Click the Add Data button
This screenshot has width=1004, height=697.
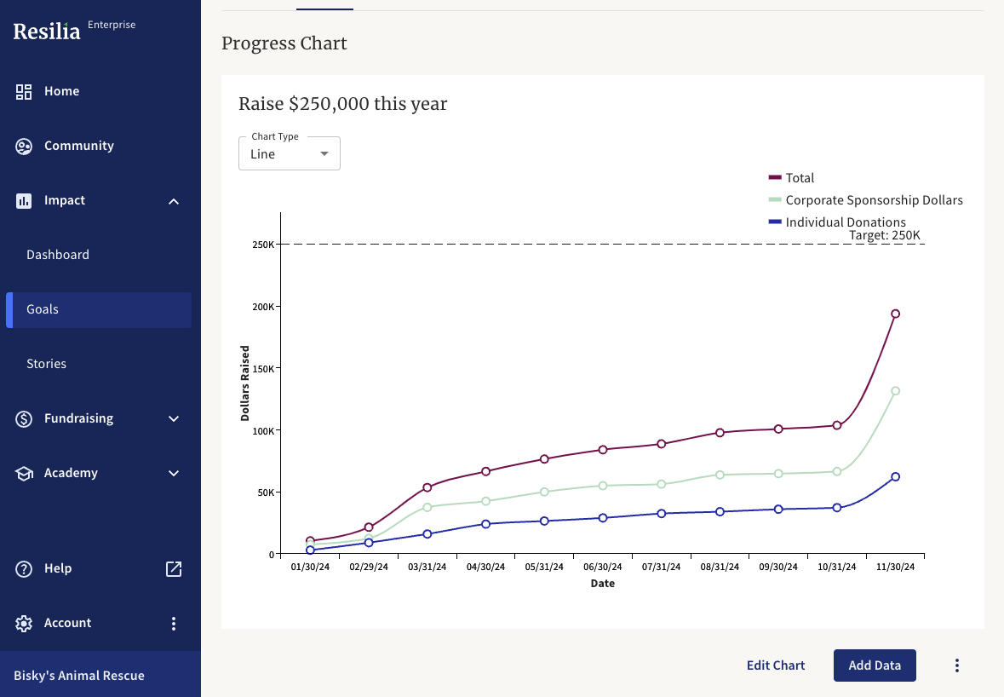pos(875,665)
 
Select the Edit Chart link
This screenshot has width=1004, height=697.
pos(775,665)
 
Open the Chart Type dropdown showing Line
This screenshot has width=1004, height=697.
pos(289,154)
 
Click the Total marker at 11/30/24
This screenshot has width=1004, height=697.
pos(895,314)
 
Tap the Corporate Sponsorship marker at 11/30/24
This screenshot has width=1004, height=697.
pos(895,391)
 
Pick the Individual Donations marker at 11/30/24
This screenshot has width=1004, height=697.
pos(895,477)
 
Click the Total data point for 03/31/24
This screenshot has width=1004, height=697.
pos(427,487)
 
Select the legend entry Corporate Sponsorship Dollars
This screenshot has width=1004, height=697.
pos(873,200)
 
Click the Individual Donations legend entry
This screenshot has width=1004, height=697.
pos(845,222)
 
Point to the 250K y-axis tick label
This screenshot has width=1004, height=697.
pos(262,245)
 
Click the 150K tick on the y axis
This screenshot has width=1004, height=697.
pos(262,368)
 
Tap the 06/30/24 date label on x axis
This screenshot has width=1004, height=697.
pos(602,567)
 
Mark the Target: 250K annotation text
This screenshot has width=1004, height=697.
pos(884,235)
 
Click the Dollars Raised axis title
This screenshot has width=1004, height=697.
pos(245,383)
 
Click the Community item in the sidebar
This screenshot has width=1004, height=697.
pos(78,146)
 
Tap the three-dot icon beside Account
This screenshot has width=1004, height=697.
pos(174,623)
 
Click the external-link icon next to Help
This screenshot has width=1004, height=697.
pos(174,568)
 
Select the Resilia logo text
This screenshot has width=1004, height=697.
pos(47,32)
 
